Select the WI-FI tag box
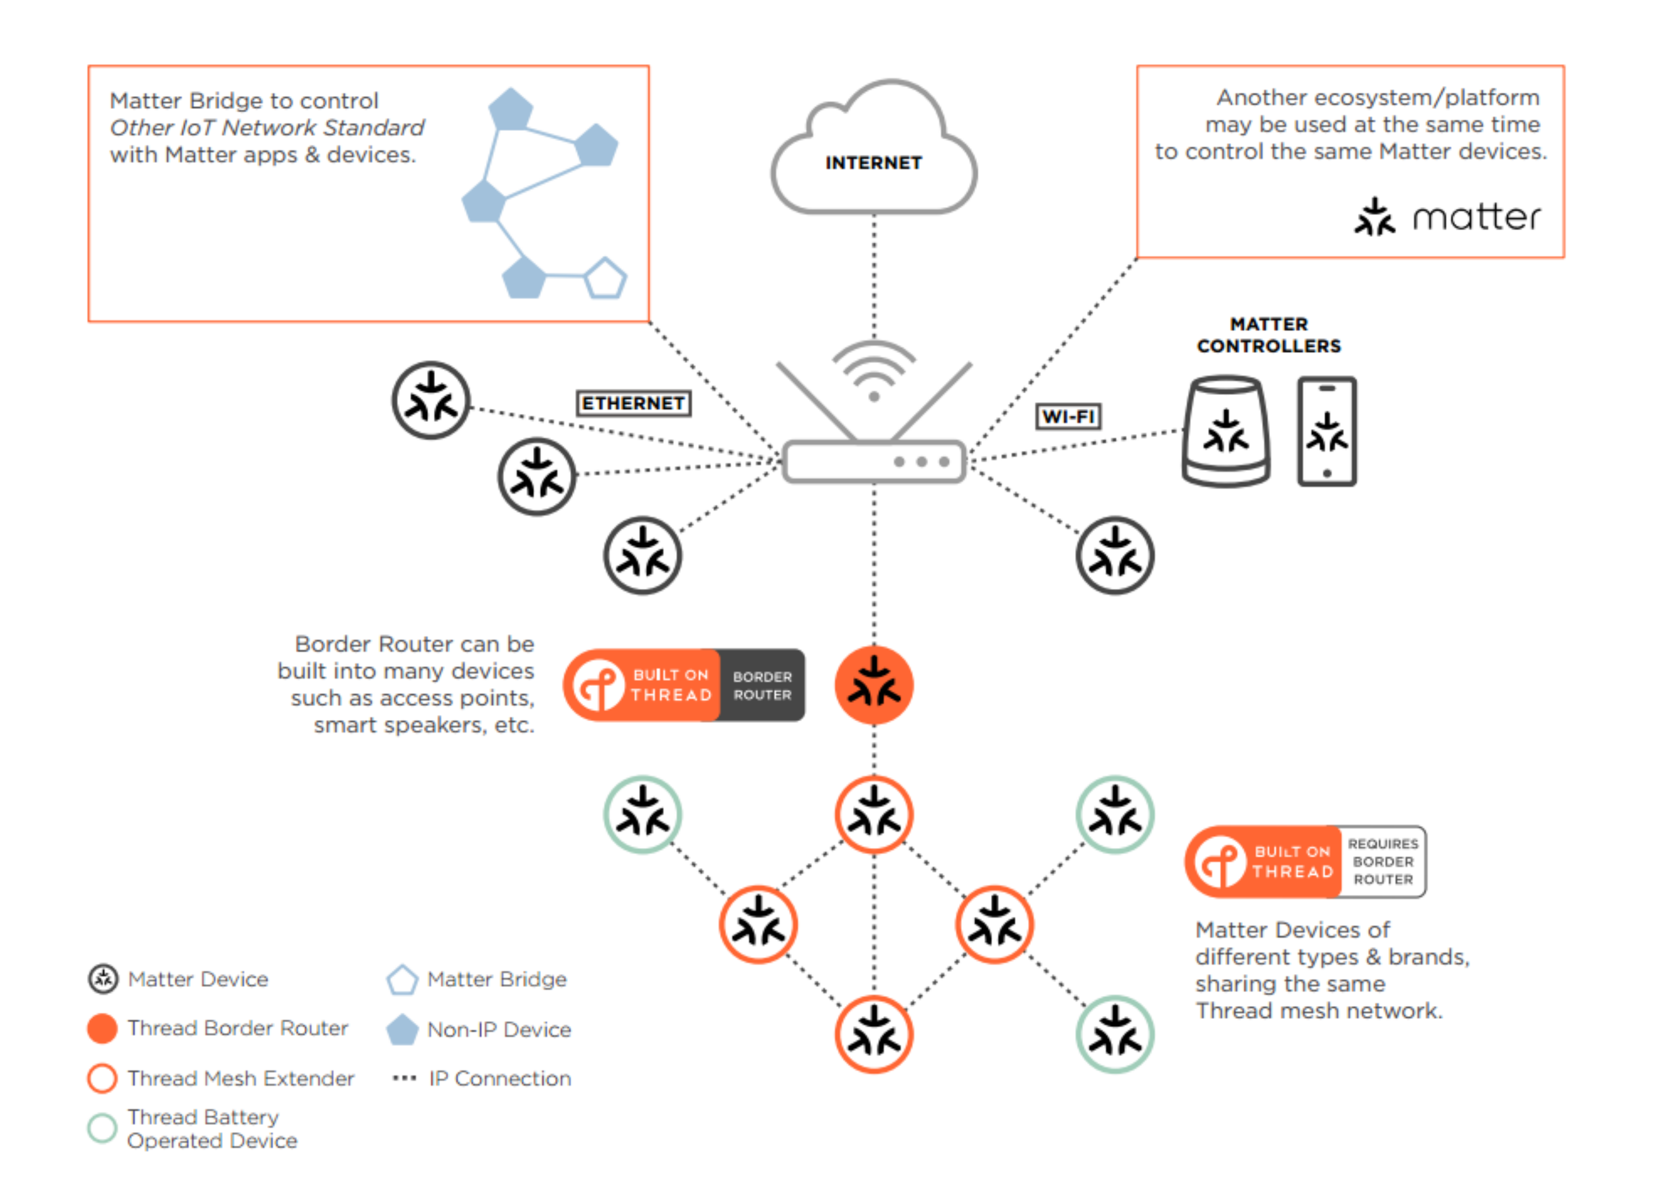[1067, 417]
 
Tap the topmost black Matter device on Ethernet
[431, 400]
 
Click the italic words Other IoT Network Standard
[267, 127]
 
